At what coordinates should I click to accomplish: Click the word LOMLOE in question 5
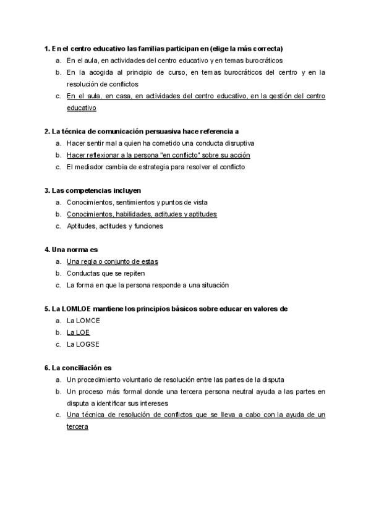tap(75, 308)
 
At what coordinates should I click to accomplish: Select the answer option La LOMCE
tap(83, 321)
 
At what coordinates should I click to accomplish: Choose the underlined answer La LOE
tap(79, 332)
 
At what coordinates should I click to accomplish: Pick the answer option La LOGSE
tap(83, 344)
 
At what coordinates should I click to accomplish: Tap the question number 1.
tap(47, 48)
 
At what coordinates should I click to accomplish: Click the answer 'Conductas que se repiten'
tap(106, 273)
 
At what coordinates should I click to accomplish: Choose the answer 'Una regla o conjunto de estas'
tap(112, 261)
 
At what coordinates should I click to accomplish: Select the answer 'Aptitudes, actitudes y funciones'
tap(115, 226)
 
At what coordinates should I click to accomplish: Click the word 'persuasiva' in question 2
tap(166, 131)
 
